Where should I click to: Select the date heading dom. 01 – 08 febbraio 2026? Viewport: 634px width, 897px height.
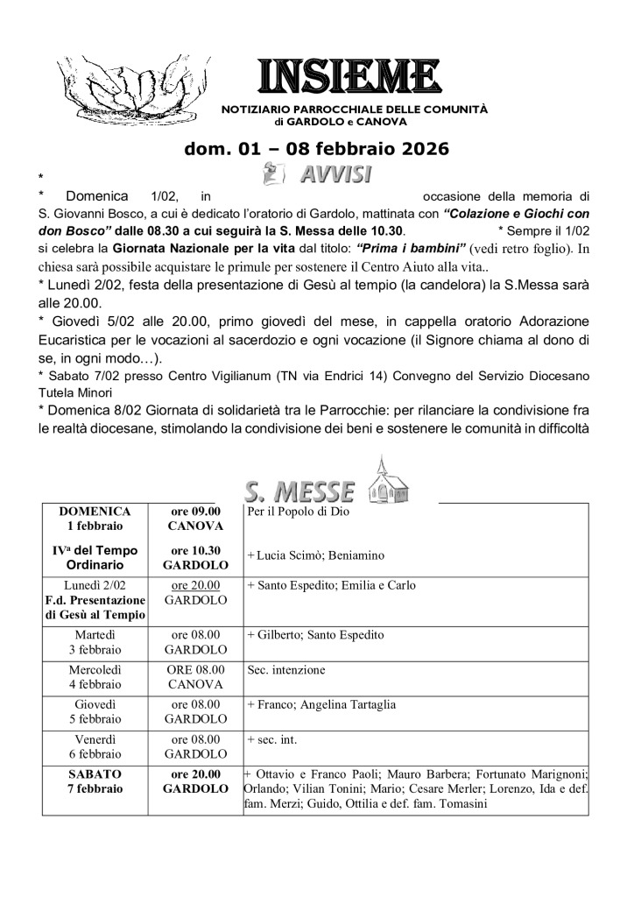pyautogui.click(x=316, y=149)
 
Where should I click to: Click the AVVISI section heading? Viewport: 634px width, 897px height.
pyautogui.click(x=333, y=173)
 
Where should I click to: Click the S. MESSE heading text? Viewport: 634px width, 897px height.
pyautogui.click(x=299, y=489)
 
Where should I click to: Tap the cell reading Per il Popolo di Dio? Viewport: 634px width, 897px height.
pyautogui.click(x=298, y=512)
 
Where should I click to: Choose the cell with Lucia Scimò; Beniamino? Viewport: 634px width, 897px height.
pyautogui.click(x=315, y=555)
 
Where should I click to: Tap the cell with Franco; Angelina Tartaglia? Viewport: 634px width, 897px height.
pyautogui.click(x=321, y=703)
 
